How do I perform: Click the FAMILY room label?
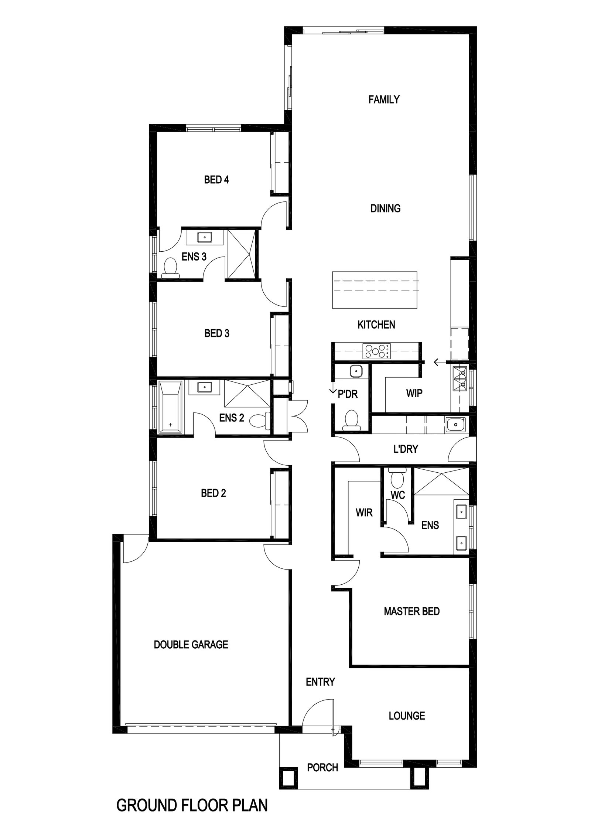384,99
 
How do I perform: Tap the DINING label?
385,208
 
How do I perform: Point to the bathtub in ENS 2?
170,407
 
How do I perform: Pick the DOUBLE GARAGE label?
191,645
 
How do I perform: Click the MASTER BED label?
412,611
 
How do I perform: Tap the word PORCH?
322,768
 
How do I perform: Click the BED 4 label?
216,180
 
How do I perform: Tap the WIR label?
364,513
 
